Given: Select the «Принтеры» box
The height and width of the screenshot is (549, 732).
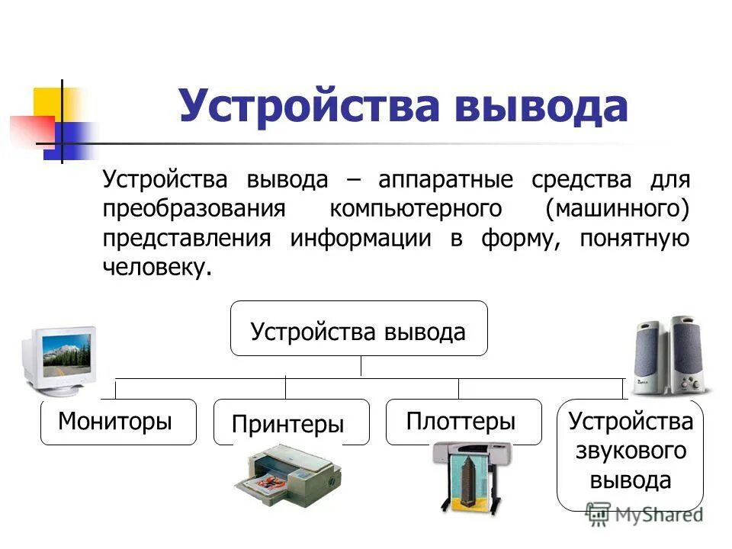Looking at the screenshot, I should [x=290, y=423].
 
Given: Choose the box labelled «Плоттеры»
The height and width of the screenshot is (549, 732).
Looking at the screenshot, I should [x=463, y=421].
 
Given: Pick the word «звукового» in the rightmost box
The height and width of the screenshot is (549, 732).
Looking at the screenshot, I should [x=631, y=451].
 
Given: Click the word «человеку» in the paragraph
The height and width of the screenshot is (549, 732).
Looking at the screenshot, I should [x=155, y=268].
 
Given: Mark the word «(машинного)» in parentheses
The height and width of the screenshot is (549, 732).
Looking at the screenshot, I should [x=618, y=210].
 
